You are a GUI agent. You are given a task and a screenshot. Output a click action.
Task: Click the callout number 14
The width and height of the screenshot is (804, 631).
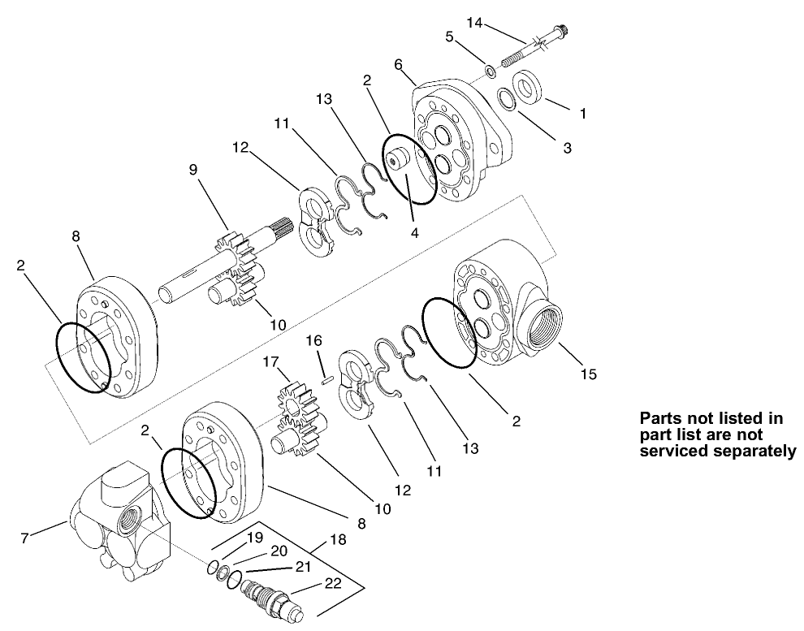click(473, 23)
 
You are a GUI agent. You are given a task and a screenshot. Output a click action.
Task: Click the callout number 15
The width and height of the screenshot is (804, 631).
click(587, 374)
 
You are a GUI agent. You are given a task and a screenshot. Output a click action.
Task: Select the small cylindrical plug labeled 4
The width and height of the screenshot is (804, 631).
click(399, 163)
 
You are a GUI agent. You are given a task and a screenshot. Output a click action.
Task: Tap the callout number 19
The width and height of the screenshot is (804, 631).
click(253, 537)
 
